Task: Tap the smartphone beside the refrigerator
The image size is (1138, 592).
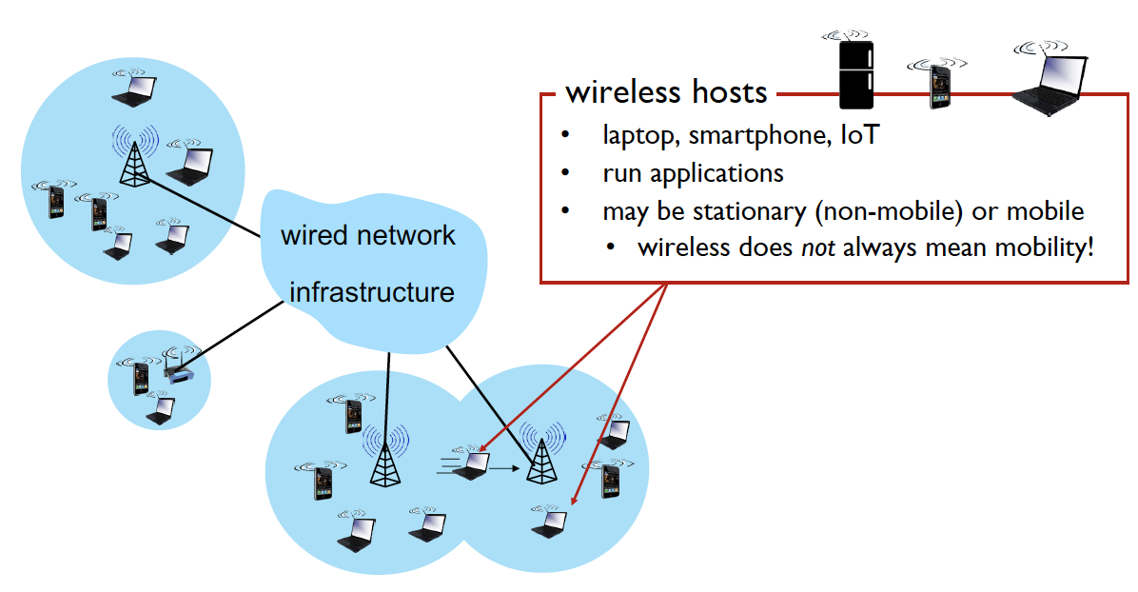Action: click(939, 86)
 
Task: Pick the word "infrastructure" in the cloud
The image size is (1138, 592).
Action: click(372, 291)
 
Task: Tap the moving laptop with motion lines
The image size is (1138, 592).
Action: click(471, 464)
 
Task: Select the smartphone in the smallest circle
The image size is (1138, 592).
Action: click(142, 377)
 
